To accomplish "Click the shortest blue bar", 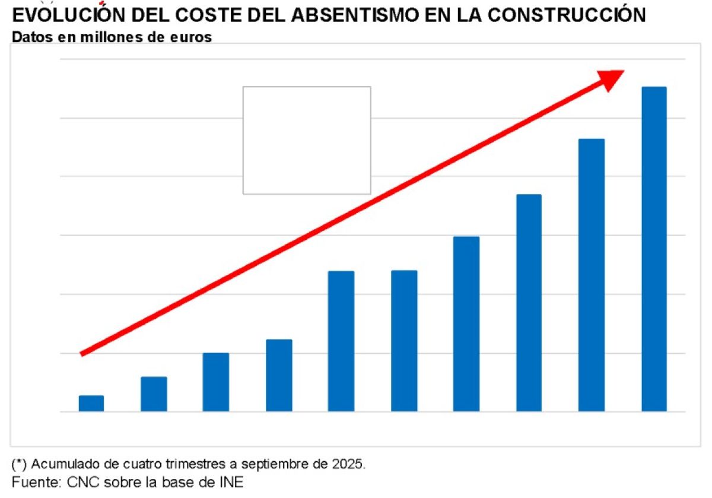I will tap(91, 404).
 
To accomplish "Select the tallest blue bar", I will tap(654, 249).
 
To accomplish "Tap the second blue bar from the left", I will tap(154, 394).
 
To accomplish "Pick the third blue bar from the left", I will tap(216, 382).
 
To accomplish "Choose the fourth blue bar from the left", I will tap(279, 375).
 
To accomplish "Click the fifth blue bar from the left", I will tap(341, 341).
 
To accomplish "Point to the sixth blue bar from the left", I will tap(404, 341).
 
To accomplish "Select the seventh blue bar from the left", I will tap(466, 324).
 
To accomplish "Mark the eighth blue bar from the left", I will tap(529, 303).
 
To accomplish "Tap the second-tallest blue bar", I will tap(592, 275).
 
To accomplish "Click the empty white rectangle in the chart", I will tap(307, 140).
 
